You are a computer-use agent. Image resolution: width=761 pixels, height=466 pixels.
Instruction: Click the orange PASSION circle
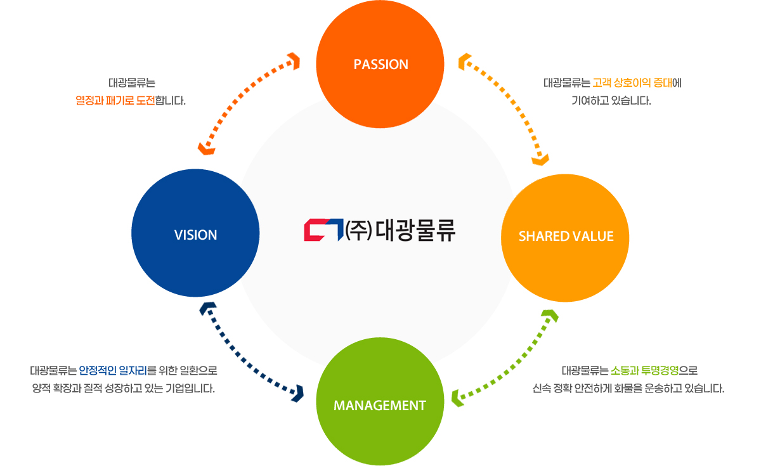pos(380,65)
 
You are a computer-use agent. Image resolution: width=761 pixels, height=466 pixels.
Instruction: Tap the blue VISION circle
pos(195,235)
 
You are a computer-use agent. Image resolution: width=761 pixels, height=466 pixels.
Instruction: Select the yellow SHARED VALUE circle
pos(566,236)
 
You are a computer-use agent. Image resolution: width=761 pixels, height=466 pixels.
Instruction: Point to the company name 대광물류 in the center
pos(415,230)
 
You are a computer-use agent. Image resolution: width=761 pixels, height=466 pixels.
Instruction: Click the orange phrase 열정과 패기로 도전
pos(115,100)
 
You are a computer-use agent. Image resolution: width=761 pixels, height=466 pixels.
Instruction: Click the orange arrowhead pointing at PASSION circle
pos(293,60)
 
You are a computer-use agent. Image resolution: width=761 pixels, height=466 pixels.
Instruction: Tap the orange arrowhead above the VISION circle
pos(205,148)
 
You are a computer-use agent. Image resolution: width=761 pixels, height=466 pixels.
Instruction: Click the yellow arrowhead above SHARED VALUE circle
pos(540,159)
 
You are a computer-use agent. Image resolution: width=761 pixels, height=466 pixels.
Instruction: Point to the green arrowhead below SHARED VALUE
pos(549,315)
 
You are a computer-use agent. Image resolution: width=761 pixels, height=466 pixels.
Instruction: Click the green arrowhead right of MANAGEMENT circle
pos(457,397)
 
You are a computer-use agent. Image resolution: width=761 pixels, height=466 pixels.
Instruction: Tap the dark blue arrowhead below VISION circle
pos(208,309)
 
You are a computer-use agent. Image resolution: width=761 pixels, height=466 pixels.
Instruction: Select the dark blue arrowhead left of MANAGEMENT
pos(296,392)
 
